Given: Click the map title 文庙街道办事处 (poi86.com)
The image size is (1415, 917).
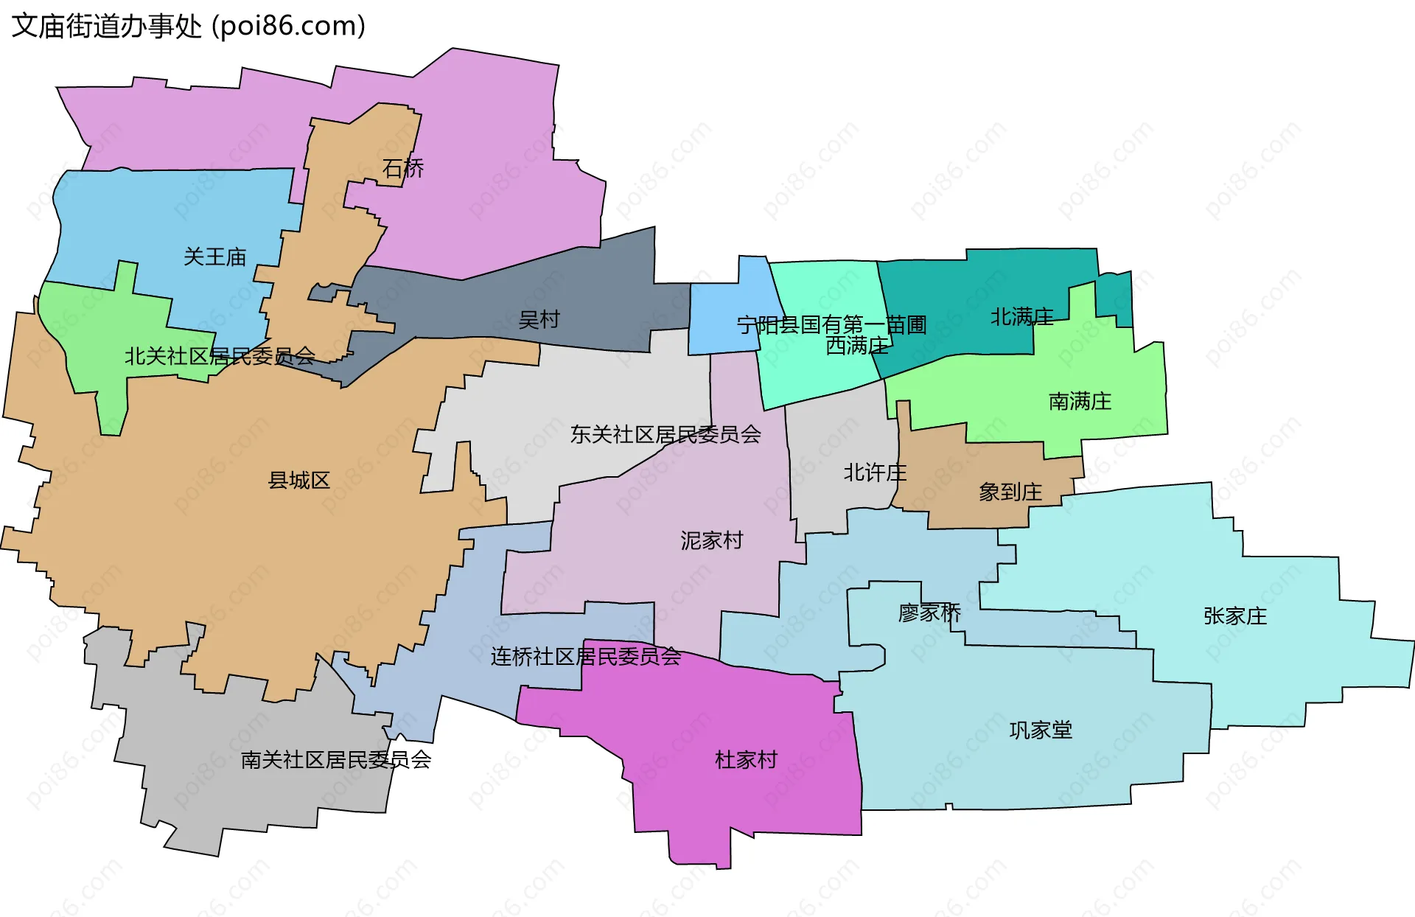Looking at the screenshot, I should point(189,27).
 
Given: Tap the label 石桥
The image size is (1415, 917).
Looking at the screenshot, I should point(403,169).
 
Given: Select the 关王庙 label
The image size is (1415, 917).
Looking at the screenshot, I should point(214,257).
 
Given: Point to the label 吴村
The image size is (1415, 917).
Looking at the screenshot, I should point(539,320).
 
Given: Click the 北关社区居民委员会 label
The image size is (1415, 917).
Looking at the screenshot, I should point(220,357).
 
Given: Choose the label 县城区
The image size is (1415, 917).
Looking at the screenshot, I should point(298,481).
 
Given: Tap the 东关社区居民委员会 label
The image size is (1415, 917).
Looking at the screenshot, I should point(665,435).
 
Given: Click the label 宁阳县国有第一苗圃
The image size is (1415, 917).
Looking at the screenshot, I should point(831,324).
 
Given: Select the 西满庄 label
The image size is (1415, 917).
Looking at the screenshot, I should point(857,346).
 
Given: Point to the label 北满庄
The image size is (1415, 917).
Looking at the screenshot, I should point(1021,317).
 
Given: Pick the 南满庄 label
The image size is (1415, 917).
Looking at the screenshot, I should point(1080,402).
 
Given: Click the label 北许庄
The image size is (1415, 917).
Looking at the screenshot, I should point(875,473).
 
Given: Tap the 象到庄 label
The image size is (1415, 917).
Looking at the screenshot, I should point(1010,492).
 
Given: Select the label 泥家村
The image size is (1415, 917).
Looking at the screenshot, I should point(711,541).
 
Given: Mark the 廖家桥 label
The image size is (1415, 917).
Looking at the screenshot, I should point(930,613).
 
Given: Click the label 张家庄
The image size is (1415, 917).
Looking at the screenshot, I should point(1235,616).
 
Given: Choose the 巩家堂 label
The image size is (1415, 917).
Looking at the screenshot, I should point(1041,731).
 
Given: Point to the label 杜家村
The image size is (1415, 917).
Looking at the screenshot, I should point(746,760).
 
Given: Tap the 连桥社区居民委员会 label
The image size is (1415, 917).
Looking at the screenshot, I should point(586,657).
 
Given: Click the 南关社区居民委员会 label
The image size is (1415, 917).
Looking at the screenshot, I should point(336,760).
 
